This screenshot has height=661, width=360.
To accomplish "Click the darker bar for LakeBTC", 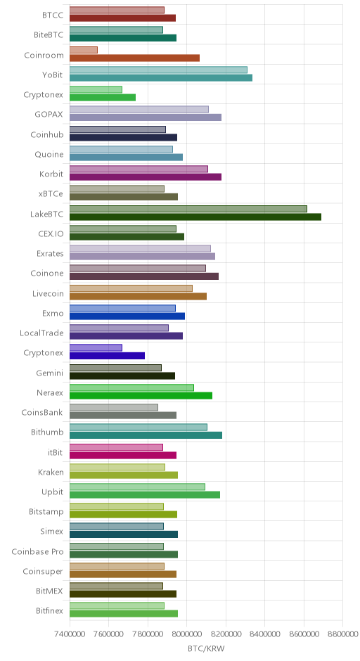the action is [195, 217].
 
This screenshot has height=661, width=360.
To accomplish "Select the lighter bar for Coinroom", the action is [84, 50].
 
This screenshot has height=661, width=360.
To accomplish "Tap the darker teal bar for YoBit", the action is [161, 78].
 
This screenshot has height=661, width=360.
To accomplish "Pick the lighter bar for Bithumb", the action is [139, 428].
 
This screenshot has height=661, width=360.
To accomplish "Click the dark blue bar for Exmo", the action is [127, 316].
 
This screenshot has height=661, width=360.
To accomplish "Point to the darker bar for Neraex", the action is [141, 396].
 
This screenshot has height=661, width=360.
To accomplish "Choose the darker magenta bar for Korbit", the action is [146, 177].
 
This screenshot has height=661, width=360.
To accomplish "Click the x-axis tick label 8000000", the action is [187, 634].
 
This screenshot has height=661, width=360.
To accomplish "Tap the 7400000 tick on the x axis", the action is [70, 634].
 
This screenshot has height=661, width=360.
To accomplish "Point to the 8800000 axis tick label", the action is [342, 634].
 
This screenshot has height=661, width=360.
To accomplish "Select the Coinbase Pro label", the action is [37, 551].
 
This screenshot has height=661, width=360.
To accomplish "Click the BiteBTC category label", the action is [49, 35].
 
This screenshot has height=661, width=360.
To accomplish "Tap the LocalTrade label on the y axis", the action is [41, 333].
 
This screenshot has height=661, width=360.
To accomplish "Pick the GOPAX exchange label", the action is [49, 114].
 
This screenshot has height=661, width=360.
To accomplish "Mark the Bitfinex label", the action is [50, 611].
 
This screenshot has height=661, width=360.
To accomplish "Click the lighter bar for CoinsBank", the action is [114, 408].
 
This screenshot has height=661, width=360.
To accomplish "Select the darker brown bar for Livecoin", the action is [139, 296].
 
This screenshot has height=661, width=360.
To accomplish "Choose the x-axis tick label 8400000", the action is [265, 634].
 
